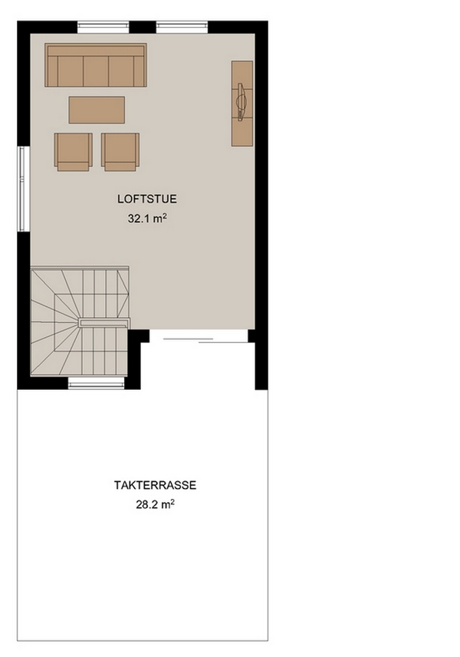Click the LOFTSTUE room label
pos(147,199)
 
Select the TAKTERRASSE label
pos(156,485)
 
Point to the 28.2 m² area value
pos(155,504)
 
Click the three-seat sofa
pos(96,65)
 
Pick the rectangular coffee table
pos(97,110)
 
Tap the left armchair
pos(74,152)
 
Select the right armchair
pos(120,152)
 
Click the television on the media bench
pos(242,102)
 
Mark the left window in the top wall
pos(103,27)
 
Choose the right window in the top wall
pos(182,27)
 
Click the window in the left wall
pos(24,189)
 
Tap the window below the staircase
pos(97,383)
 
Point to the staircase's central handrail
pos(103,322)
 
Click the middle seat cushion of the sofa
pos(96,71)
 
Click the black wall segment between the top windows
pos(143,27)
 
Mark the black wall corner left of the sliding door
pos(139,336)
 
